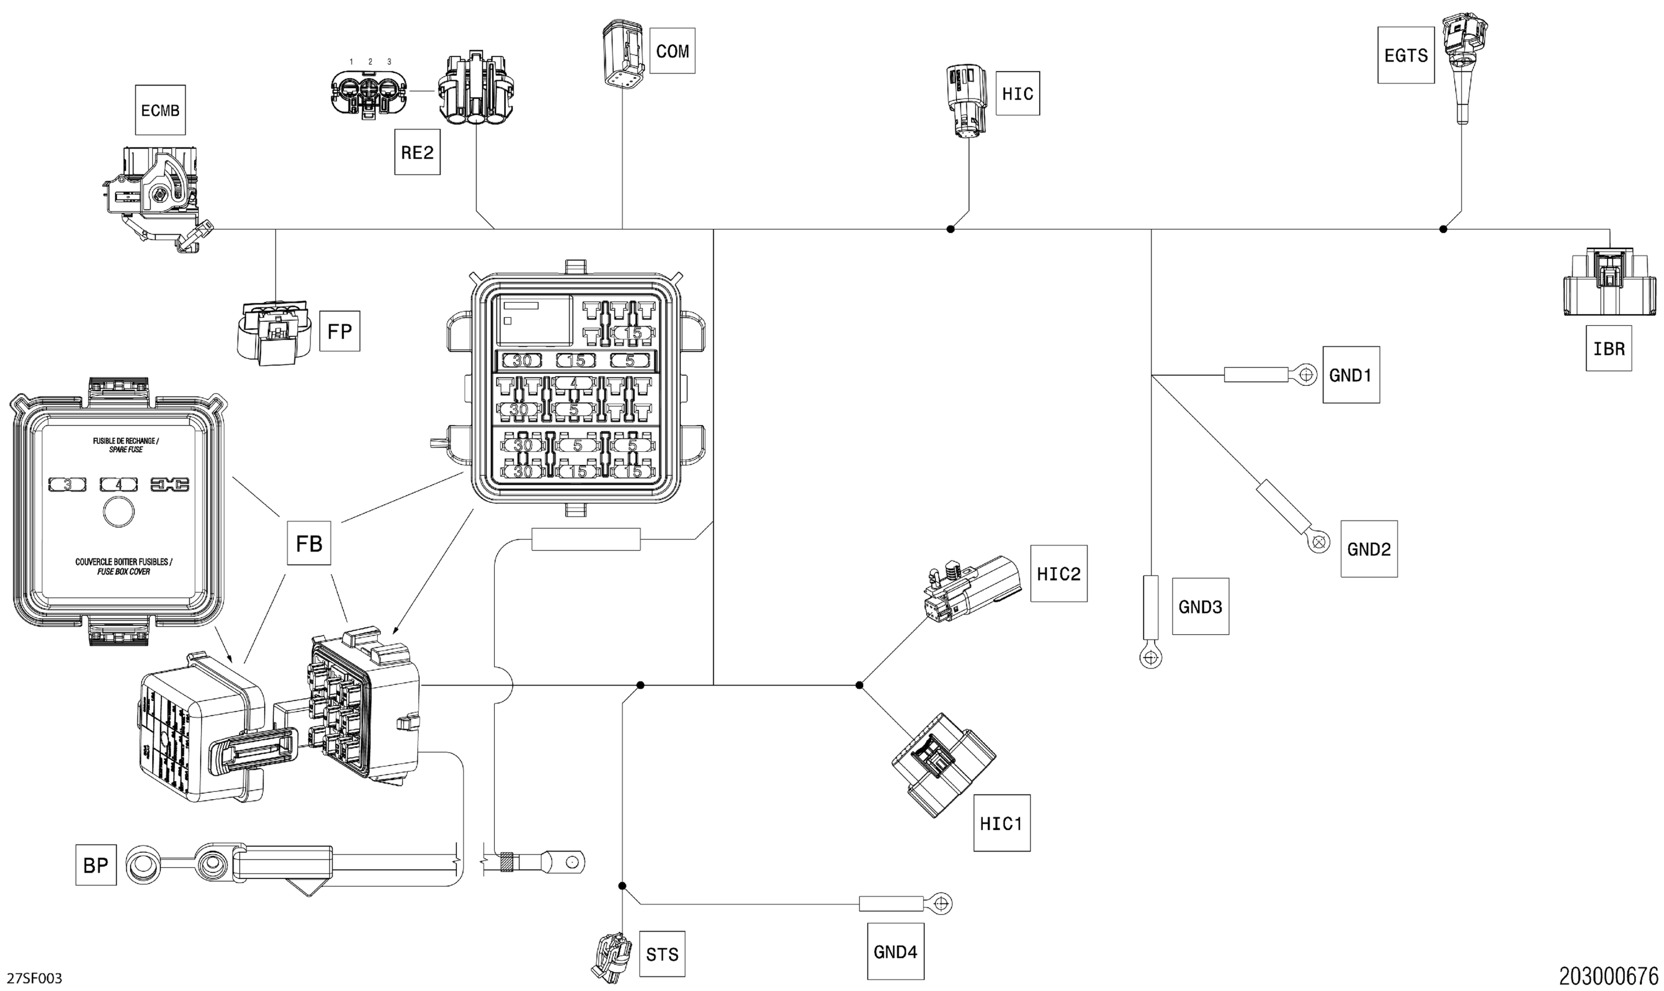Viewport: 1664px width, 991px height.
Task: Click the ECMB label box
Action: pos(160,110)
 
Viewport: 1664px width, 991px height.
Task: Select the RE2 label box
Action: pos(417,152)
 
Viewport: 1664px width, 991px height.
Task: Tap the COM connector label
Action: pos(672,51)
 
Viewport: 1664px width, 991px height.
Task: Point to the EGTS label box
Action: pos(1406,55)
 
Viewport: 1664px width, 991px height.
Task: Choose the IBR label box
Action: pos(1609,349)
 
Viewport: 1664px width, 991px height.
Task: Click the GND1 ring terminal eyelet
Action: pos(1306,375)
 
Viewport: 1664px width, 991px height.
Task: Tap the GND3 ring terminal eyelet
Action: pos(1150,658)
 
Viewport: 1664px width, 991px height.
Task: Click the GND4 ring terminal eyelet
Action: pos(941,904)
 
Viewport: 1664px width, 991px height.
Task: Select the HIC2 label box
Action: pos(1058,574)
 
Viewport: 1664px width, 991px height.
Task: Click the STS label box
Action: pos(662,954)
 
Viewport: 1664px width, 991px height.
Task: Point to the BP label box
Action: pos(96,866)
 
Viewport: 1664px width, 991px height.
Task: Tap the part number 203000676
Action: pos(1608,976)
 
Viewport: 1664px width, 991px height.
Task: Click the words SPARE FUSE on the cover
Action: pos(126,449)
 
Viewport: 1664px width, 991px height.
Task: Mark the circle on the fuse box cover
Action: pos(119,513)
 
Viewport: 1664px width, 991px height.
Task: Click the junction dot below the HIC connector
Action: pos(951,229)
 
